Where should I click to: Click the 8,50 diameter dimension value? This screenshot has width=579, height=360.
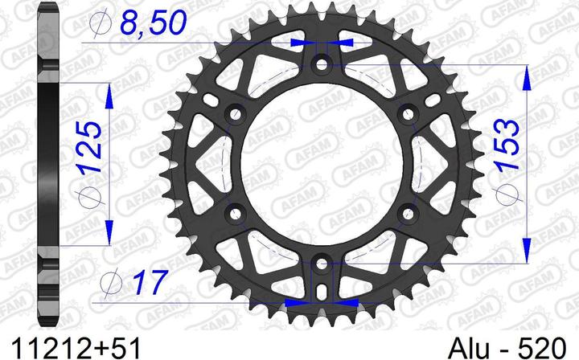[x=153, y=22]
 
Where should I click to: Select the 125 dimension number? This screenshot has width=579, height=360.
[x=90, y=147]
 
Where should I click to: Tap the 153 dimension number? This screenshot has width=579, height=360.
[x=507, y=144]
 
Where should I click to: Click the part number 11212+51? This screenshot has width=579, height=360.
[x=76, y=348]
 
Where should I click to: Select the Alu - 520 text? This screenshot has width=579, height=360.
[x=507, y=348]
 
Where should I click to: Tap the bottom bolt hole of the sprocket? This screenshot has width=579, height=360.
[x=322, y=264]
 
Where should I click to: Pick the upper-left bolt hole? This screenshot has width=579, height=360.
[x=235, y=114]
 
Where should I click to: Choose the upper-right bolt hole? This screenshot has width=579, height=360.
[x=408, y=114]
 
